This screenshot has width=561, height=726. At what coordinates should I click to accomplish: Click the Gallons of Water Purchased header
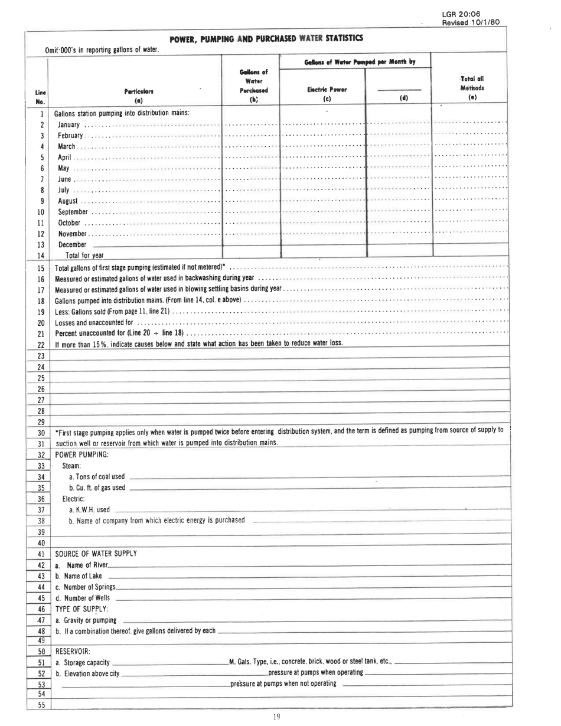coord(252,83)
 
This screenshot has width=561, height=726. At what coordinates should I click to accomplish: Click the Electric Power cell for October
coord(324,223)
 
